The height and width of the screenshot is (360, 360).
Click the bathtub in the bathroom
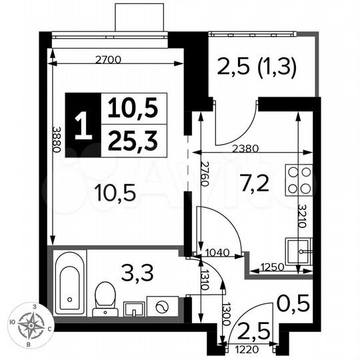[x=69, y=283]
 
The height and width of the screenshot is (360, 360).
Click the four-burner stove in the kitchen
[x=297, y=180]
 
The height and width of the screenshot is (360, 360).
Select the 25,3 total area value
[x=133, y=139]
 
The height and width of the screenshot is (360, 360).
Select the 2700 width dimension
[x=108, y=60]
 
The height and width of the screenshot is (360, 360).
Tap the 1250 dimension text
[x=273, y=267]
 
